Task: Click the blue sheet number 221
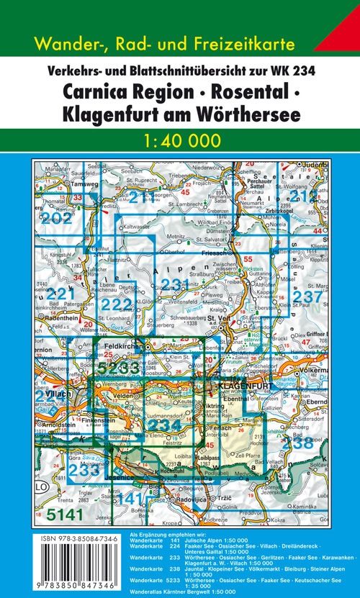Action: coord(60,294)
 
